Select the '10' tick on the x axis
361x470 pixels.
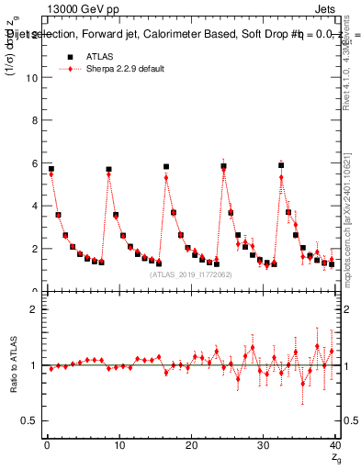click(x=118, y=445)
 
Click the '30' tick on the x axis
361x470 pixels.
click(x=263, y=445)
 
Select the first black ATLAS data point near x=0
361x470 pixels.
click(x=51, y=169)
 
